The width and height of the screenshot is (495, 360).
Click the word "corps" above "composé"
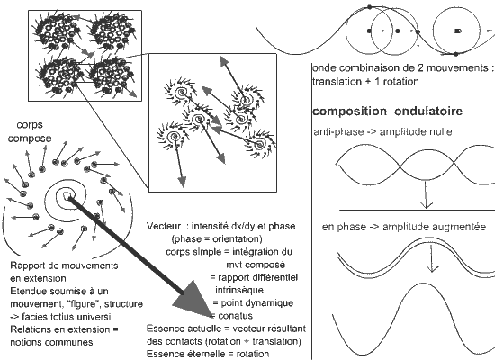pos(30,125)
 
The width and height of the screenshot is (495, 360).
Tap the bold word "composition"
pos(349,112)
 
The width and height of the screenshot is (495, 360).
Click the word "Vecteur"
pos(164,226)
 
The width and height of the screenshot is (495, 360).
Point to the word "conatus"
pos(236,316)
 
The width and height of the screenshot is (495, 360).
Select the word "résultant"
pos(286,328)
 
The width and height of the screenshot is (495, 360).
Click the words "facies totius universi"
pos(67,317)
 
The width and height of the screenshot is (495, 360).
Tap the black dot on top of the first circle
pos(369,7)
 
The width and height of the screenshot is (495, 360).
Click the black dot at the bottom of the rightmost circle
pos(456,54)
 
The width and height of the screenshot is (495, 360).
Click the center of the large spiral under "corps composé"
pos(67,196)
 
